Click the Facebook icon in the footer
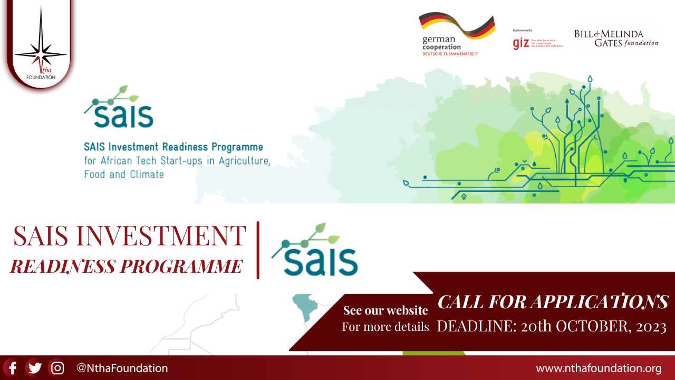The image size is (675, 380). (12, 368)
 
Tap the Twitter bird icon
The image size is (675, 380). (35, 368)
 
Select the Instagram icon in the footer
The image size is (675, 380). (57, 368)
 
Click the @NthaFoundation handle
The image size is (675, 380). (122, 368)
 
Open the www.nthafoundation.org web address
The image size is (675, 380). (599, 368)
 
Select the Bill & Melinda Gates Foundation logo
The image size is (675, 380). (616, 38)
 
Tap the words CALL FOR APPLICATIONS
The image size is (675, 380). (553, 302)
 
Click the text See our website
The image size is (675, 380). (385, 310)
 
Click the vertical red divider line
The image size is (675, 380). (258, 250)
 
